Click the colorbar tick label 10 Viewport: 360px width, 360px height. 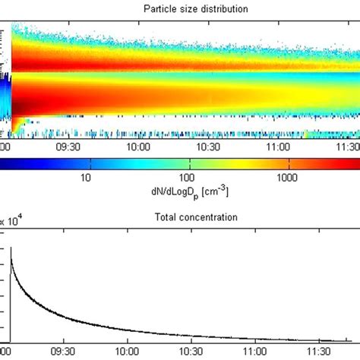tap(86, 178)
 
